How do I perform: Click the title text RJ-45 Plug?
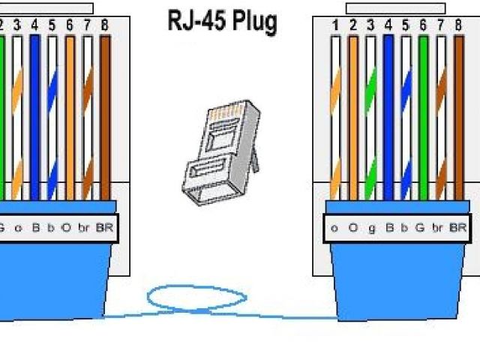click(x=221, y=22)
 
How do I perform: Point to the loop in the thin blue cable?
click(x=196, y=298)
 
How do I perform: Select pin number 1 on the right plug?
click(x=334, y=25)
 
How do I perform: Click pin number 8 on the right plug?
click(x=458, y=25)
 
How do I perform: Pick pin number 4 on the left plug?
click(x=34, y=25)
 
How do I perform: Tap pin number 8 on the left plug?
click(x=104, y=25)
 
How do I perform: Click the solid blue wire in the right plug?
click(x=388, y=112)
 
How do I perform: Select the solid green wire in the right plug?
click(x=423, y=112)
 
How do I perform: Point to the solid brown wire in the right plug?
click(x=458, y=112)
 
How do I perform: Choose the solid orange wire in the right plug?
click(x=352, y=112)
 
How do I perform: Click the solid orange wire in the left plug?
click(x=70, y=112)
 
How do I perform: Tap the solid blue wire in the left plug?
click(x=34, y=112)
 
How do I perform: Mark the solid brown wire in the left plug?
click(x=104, y=112)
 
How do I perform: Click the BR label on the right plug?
click(x=457, y=226)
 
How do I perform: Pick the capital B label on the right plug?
click(x=388, y=226)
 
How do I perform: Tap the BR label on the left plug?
click(x=103, y=226)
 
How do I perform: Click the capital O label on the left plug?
click(x=66, y=226)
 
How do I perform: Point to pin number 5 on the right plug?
click(x=406, y=25)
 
